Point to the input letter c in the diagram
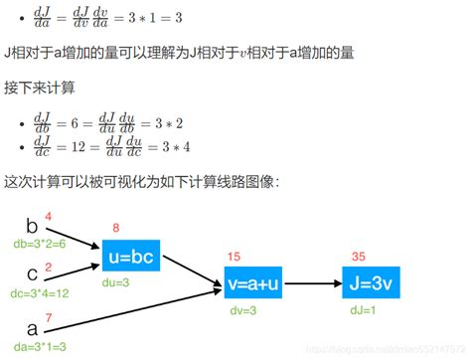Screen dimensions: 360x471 pos(32,270)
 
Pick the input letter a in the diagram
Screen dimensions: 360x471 pos(32,327)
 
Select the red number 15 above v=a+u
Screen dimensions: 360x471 pos(235,256)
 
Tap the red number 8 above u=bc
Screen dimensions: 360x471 pos(116,229)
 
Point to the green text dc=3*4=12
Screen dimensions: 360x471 pos(40,294)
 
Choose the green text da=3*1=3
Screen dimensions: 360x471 pos(37,346)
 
